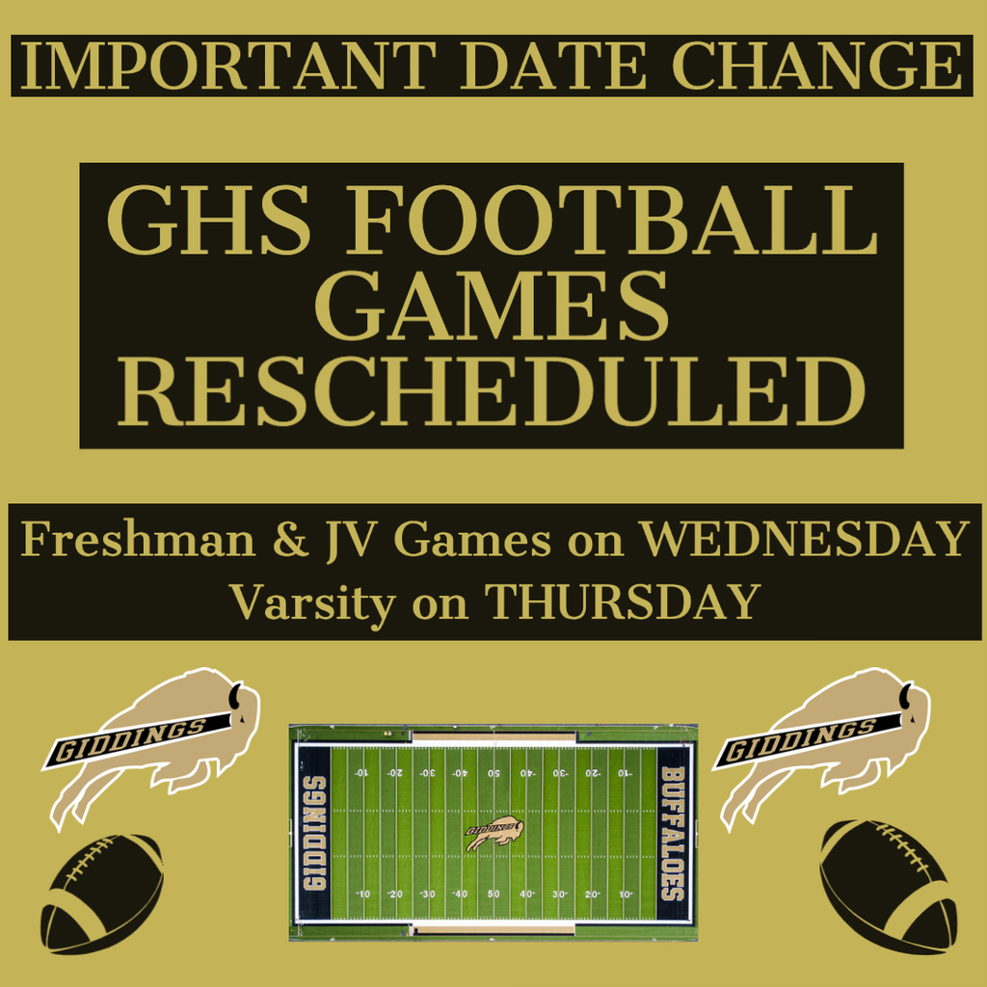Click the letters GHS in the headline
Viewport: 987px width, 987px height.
(x=208, y=220)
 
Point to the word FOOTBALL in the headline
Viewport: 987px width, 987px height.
(x=611, y=220)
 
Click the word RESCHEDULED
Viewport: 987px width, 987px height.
(x=492, y=391)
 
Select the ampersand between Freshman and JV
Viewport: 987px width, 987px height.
(x=290, y=540)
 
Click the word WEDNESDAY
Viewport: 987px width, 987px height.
(x=804, y=540)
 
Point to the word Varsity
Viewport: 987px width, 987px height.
(x=312, y=603)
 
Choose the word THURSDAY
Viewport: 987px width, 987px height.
(x=623, y=601)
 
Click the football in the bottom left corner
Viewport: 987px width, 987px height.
(x=102, y=894)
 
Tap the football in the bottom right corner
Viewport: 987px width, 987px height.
(x=888, y=886)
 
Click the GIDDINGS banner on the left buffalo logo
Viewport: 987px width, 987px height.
(x=135, y=741)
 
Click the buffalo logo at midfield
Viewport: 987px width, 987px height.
(x=494, y=833)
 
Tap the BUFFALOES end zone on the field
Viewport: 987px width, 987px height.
(x=673, y=833)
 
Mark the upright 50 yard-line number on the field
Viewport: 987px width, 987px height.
(x=493, y=894)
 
